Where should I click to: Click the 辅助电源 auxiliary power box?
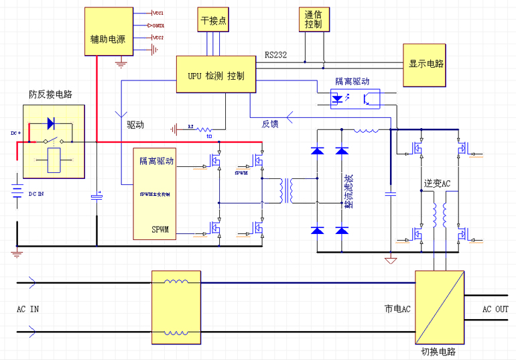point(108,38)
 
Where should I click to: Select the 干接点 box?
point(214,21)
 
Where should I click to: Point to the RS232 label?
point(275,55)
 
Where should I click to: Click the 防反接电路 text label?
point(50,95)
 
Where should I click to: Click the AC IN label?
point(27,309)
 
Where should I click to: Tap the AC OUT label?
point(495,309)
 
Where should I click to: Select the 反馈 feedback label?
point(270,123)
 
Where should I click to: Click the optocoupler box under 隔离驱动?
point(354,98)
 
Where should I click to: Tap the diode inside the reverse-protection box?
point(50,123)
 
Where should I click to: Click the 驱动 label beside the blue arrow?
point(135,125)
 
